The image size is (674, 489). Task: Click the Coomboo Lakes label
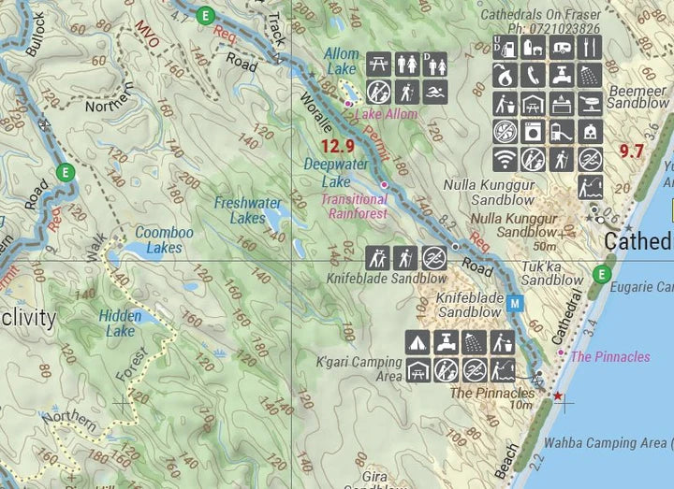pos(158,239)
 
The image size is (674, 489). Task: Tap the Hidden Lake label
pos(120,324)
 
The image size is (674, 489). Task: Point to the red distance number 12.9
pos(336,146)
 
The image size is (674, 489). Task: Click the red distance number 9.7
pos(631,151)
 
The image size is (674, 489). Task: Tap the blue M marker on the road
pos(515,302)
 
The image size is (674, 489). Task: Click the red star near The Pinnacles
pos(558,396)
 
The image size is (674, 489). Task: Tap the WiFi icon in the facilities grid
pos(505,159)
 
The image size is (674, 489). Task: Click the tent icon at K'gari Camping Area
pos(418,341)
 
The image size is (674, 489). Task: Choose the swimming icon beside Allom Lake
pos(435,91)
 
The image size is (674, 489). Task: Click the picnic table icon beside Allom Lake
pos(378,64)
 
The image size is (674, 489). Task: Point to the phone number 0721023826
pos(560,29)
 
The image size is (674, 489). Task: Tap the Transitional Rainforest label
pos(354,206)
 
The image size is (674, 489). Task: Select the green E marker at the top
pos(206,14)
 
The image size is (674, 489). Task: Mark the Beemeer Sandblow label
pos(638,97)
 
